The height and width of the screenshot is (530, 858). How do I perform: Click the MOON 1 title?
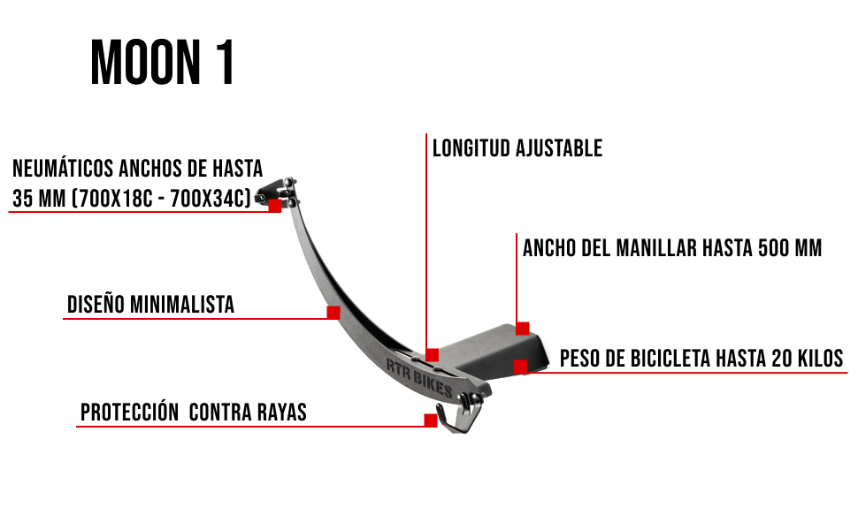coord(163,62)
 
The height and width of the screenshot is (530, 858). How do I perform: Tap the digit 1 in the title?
coord(226,62)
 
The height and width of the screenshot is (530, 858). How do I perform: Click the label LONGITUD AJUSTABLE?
coord(517,148)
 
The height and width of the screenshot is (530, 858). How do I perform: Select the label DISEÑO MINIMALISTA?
coord(150,305)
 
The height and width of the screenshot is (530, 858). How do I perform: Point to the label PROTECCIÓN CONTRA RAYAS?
coord(193,412)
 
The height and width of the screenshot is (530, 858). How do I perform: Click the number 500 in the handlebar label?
coord(774,248)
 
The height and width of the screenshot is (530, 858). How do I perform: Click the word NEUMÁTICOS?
coord(63,169)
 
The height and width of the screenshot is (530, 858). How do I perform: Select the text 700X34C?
coord(211,199)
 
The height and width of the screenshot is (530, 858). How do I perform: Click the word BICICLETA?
coord(670,359)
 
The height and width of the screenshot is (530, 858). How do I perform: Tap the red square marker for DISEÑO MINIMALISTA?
coord(333,312)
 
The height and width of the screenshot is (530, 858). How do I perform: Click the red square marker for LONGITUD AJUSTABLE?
coord(433,355)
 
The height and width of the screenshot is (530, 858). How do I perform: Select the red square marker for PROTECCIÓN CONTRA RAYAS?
coord(431,420)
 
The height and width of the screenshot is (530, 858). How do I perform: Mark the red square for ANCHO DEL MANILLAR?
coord(523,329)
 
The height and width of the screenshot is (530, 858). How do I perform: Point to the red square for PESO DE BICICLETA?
coord(521,367)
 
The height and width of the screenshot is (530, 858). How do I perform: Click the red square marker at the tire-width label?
coord(275,206)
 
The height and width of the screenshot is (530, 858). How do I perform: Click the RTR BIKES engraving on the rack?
coord(419,378)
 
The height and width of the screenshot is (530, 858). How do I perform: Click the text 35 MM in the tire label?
coord(39,199)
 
